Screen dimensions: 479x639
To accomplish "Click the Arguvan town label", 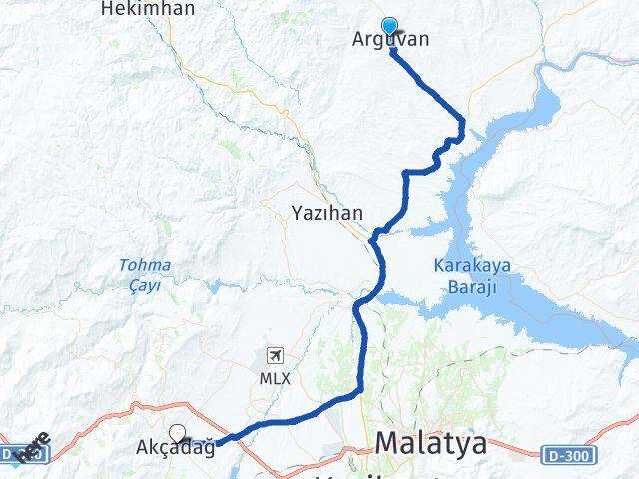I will click(391, 41).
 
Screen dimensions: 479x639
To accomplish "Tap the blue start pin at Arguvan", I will click(389, 28).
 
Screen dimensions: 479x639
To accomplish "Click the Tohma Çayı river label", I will click(145, 274).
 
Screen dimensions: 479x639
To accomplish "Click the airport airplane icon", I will click(275, 355).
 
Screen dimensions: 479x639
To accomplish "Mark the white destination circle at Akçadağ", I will click(178, 433).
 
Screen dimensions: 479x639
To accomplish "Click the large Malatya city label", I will click(431, 444).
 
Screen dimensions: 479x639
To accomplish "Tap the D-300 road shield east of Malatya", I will click(570, 455).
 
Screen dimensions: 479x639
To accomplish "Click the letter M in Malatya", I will click(388, 444).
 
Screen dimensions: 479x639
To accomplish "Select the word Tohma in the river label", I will click(145, 265).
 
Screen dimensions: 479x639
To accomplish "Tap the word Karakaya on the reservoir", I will click(464, 266).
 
